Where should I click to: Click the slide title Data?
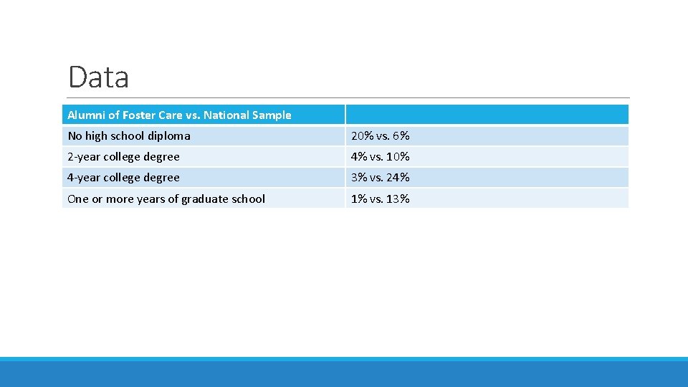[x=98, y=77]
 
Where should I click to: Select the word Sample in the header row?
[x=272, y=115]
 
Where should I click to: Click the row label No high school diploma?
[x=129, y=135]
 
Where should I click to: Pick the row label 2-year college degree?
[x=123, y=156]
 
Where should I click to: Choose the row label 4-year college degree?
[x=123, y=177]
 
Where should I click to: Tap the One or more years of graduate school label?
[x=166, y=199]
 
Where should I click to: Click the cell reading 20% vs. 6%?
[x=380, y=135]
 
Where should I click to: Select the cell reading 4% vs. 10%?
[x=380, y=156]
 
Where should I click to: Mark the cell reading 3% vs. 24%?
[x=380, y=177]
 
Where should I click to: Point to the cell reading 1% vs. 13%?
[x=380, y=199]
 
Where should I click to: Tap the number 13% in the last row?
[x=398, y=199]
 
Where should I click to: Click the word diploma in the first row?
[x=169, y=135]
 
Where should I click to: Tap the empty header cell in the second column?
[x=487, y=115]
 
